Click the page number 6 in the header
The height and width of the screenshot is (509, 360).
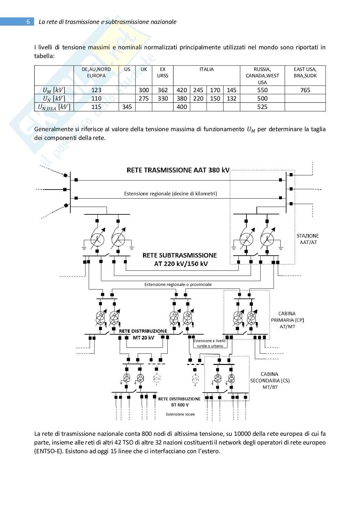(x=28, y=22)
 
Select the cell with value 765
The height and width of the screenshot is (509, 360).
(x=305, y=90)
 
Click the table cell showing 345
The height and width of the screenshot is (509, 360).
(x=127, y=107)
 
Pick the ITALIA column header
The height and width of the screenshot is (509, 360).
(x=206, y=69)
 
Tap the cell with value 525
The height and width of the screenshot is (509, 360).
(x=262, y=107)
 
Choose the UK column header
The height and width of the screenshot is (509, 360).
(x=144, y=69)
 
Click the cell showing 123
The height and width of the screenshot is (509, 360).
(x=96, y=90)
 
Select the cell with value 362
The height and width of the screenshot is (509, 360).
(x=163, y=90)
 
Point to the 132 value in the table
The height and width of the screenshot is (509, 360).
(x=232, y=99)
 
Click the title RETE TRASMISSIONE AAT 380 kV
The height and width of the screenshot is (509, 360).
(x=178, y=170)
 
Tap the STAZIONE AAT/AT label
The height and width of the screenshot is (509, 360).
(x=307, y=239)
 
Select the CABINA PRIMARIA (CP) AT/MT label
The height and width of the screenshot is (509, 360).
(x=287, y=320)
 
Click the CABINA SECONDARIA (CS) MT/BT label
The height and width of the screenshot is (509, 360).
(x=270, y=380)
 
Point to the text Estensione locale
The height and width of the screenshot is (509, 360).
(x=180, y=414)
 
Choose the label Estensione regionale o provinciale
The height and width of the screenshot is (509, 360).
(x=178, y=285)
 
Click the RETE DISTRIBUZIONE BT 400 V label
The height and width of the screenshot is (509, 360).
(x=179, y=402)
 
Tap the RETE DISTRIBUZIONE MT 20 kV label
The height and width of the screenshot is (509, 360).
(x=143, y=334)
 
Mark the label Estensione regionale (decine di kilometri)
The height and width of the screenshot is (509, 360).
(x=171, y=194)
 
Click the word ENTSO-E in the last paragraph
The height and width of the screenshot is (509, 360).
(x=49, y=451)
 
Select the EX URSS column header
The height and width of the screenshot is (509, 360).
(x=163, y=73)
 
